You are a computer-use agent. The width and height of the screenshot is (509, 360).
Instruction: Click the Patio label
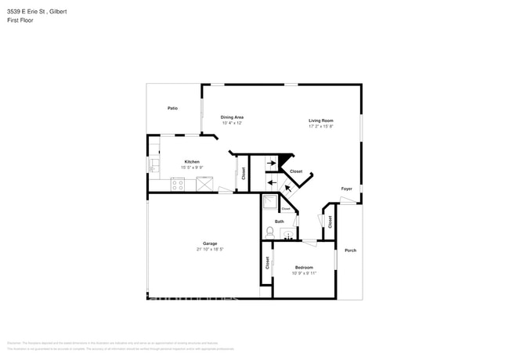point(172,108)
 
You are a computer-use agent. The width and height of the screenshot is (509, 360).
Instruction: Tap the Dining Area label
point(232,117)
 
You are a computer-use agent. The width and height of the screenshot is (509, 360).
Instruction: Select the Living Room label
point(321,121)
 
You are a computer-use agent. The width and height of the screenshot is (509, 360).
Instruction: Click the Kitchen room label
point(192,162)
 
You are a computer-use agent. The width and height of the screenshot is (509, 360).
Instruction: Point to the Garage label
point(210,243)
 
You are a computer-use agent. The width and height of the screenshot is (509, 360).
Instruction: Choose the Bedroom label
point(304,268)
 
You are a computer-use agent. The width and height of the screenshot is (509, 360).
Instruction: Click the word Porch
point(350,250)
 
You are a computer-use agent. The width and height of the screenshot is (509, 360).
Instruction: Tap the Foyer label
point(346,189)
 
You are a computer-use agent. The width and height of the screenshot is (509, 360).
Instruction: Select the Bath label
point(279,221)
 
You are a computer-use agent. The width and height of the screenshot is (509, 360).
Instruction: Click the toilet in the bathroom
point(269,232)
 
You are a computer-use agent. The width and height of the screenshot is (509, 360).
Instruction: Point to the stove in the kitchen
point(178,185)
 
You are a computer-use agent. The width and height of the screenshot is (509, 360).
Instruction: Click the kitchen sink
point(154,166)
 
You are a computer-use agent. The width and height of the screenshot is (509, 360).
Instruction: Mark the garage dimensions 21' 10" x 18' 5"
point(210,250)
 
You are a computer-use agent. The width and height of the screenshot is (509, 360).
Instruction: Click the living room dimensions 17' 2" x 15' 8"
point(321,126)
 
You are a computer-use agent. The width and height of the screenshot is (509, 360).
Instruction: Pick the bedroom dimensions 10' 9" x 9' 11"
point(304,273)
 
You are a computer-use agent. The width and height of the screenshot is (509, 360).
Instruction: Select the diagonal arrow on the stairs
point(288,187)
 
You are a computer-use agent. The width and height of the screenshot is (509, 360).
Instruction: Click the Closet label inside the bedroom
point(267,263)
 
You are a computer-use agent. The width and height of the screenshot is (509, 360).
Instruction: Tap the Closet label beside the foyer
point(330,221)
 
